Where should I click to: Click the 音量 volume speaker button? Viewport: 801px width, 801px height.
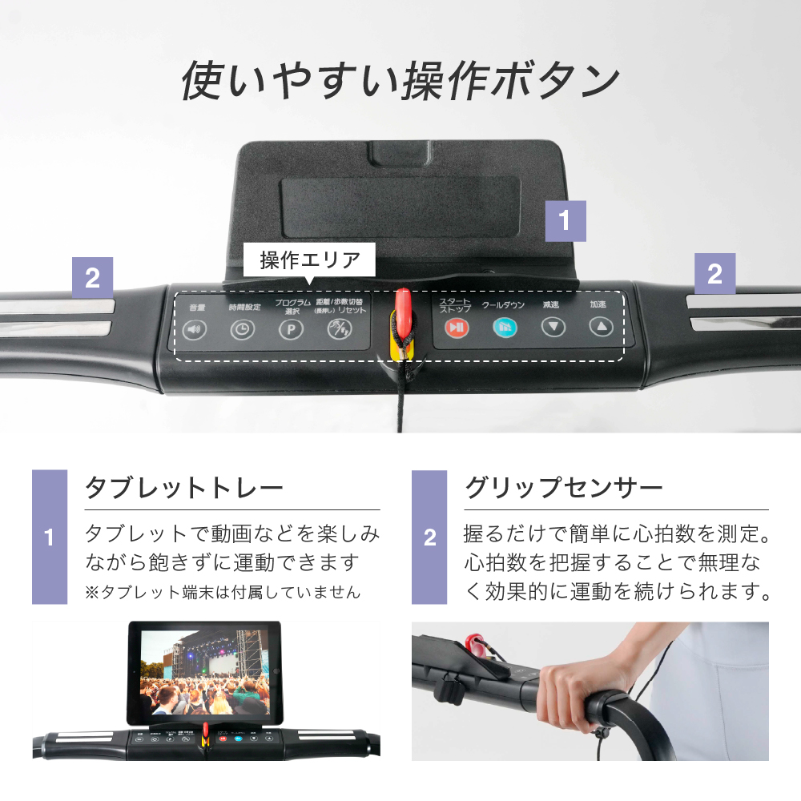tap(193, 329)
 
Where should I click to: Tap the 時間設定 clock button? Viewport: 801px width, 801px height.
tap(241, 329)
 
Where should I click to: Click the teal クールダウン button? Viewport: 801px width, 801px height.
tap(505, 327)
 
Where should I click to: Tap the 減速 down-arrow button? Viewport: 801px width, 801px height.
tap(553, 327)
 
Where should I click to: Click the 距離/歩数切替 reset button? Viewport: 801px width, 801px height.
tap(340, 328)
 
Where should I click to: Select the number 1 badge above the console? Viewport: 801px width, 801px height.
tap(565, 221)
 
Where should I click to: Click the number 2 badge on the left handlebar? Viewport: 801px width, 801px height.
tap(92, 277)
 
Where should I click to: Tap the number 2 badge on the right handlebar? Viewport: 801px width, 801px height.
tap(714, 275)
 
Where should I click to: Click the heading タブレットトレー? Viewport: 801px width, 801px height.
tap(184, 488)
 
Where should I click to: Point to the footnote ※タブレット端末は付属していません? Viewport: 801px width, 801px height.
tap(223, 593)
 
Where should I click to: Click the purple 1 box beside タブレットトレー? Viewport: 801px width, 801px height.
tap(50, 537)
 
